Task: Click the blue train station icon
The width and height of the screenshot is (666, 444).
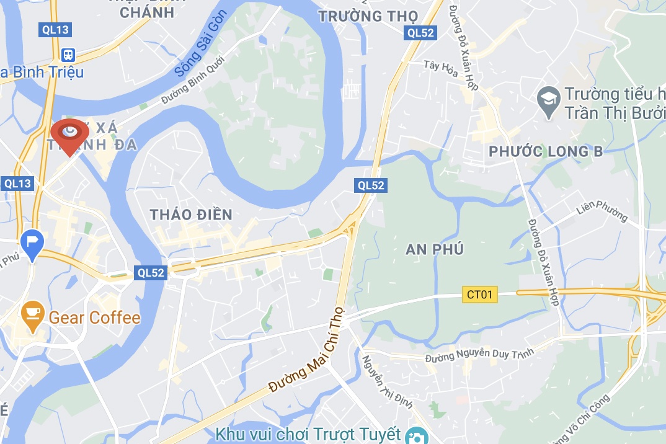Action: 68,55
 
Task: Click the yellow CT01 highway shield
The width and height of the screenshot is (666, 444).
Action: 480,295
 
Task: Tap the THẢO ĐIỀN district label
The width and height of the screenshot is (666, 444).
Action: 191,215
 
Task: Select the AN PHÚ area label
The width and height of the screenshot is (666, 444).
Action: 435,249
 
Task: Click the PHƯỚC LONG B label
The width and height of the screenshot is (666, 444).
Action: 545,151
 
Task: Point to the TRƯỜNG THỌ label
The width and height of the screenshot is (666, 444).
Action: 368,16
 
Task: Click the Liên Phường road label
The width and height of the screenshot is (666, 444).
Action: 602,211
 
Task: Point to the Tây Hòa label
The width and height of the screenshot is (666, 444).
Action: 441,69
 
